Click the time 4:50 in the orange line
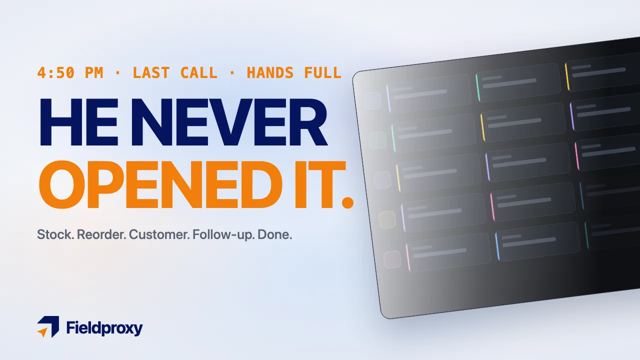(55, 72)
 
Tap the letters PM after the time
(94, 72)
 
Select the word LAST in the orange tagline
(151, 72)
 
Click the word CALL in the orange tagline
(199, 72)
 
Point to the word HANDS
(270, 72)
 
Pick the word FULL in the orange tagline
(323, 72)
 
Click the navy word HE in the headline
(79, 122)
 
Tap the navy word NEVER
(229, 122)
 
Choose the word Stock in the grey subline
(55, 234)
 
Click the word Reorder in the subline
(101, 234)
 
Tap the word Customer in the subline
(159, 234)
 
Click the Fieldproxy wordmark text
(104, 328)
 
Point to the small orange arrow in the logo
(43, 332)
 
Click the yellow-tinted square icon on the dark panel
(387, 219)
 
